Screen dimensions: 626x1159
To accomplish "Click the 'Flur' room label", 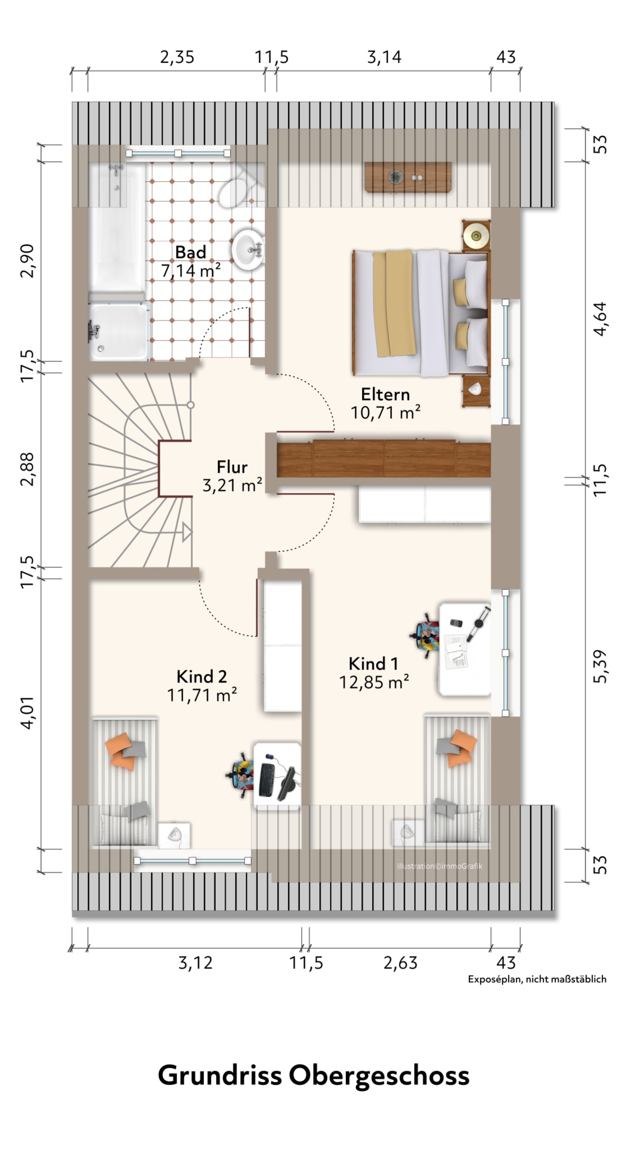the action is pyautogui.click(x=232, y=467).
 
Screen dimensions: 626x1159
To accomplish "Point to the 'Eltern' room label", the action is pyautogui.click(x=385, y=395).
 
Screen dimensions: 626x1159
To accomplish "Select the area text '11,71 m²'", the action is pyautogui.click(x=202, y=695).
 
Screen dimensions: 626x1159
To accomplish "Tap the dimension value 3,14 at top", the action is pyautogui.click(x=384, y=57).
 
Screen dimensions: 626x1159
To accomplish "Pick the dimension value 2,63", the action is pyautogui.click(x=400, y=963).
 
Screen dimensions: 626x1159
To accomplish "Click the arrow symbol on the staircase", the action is pyautogui.click(x=187, y=532).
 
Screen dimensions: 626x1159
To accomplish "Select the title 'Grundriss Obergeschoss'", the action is pyautogui.click(x=314, y=1076).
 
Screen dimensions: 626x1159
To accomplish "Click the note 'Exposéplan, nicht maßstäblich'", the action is pyautogui.click(x=537, y=980).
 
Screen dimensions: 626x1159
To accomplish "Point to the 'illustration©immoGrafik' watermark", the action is pyautogui.click(x=439, y=866).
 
